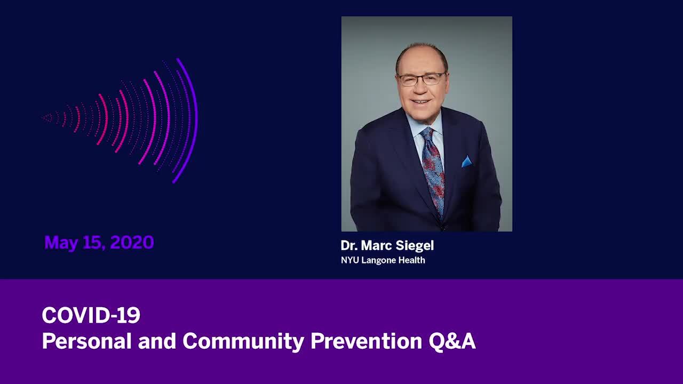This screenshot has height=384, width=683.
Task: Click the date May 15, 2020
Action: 99,243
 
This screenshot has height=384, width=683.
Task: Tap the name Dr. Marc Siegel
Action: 387,246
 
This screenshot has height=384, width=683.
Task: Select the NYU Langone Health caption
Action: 383,260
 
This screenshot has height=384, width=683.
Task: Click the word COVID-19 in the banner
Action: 91,315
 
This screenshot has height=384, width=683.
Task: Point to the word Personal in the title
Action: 86,341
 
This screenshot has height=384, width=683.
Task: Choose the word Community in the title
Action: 243,342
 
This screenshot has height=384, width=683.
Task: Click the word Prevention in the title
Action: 366,341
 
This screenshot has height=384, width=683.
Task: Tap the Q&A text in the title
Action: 452,341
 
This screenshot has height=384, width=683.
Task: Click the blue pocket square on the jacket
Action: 466,162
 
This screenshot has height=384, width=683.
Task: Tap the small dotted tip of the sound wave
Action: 47,118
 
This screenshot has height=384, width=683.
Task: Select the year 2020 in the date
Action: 132,242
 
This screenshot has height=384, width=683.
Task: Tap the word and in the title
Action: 157,341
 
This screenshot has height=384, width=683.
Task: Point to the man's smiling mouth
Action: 420,101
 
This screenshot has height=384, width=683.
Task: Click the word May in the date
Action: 61,244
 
